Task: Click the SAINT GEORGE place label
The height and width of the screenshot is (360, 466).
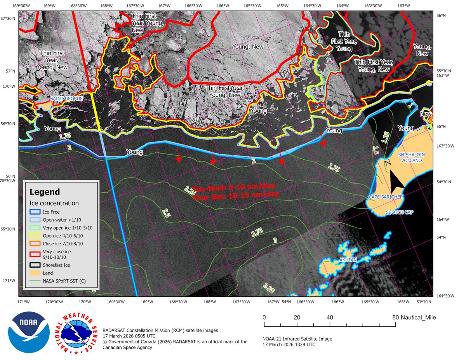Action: (66, 99)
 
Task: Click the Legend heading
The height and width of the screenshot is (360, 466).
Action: (45, 192)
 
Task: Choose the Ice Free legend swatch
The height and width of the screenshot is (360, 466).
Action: (35, 212)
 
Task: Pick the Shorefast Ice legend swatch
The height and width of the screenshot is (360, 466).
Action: (35, 266)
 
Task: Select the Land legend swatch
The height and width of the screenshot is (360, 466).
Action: (35, 273)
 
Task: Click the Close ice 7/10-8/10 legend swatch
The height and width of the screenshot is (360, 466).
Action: (35, 243)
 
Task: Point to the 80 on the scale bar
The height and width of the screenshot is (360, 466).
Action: (395, 318)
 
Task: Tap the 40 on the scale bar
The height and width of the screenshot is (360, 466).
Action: (330, 318)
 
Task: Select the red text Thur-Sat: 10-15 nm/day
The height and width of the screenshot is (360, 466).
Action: (236, 196)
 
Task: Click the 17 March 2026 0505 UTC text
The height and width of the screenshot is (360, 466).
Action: (129, 336)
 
